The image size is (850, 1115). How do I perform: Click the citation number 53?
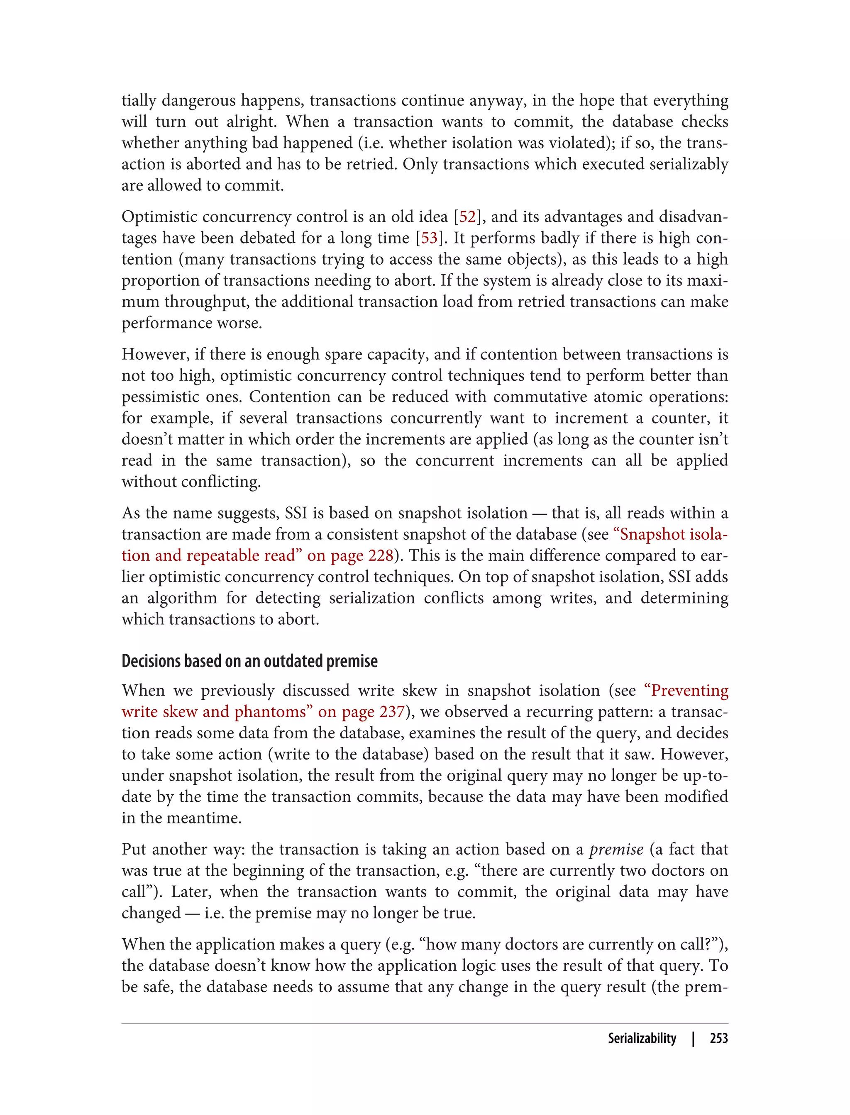pyautogui.click(x=429, y=238)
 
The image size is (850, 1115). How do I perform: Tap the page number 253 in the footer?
pyautogui.click(x=718, y=1038)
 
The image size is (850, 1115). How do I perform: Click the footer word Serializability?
pyautogui.click(x=642, y=1038)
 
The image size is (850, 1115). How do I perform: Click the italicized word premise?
pyautogui.click(x=616, y=849)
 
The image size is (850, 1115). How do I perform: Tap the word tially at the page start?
pyautogui.click(x=139, y=101)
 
